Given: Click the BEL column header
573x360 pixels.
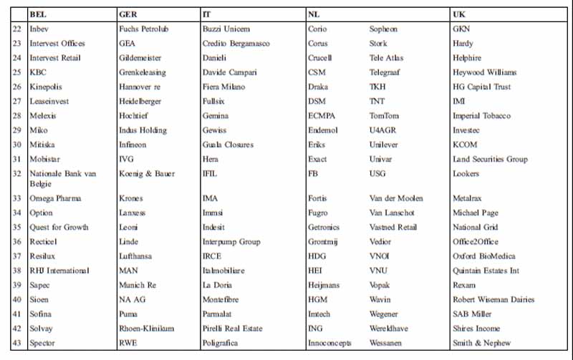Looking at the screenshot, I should tap(38, 14).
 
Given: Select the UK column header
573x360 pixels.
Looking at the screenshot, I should tap(459, 14).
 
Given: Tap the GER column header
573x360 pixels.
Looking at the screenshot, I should tap(127, 14).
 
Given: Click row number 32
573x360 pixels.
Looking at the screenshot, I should tap(17, 174).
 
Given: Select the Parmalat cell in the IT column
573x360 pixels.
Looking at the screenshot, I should tap(218, 314).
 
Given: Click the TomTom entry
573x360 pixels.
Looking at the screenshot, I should tap(384, 116).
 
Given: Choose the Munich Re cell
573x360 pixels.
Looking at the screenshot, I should tap(138, 286).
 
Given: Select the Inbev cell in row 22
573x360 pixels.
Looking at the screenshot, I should tap(39, 29).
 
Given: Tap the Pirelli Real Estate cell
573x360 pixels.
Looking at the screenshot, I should tap(233, 329).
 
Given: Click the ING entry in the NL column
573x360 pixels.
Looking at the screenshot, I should tap(315, 329).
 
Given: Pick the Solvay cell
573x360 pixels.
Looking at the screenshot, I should tap(42, 329).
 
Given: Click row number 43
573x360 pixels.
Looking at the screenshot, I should tap(17, 343).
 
